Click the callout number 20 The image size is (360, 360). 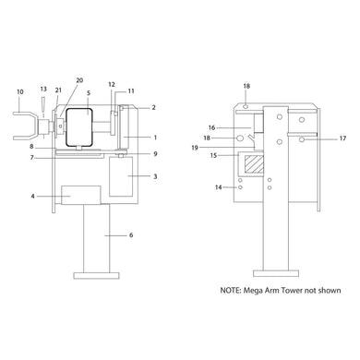(79, 80)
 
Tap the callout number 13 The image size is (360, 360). (43, 89)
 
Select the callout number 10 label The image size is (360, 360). (20, 91)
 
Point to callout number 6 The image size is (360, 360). (131, 235)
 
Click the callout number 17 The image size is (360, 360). (342, 138)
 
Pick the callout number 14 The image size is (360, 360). (219, 187)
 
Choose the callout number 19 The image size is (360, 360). (195, 148)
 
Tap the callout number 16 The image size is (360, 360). (211, 127)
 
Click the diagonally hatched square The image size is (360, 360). (254, 164)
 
